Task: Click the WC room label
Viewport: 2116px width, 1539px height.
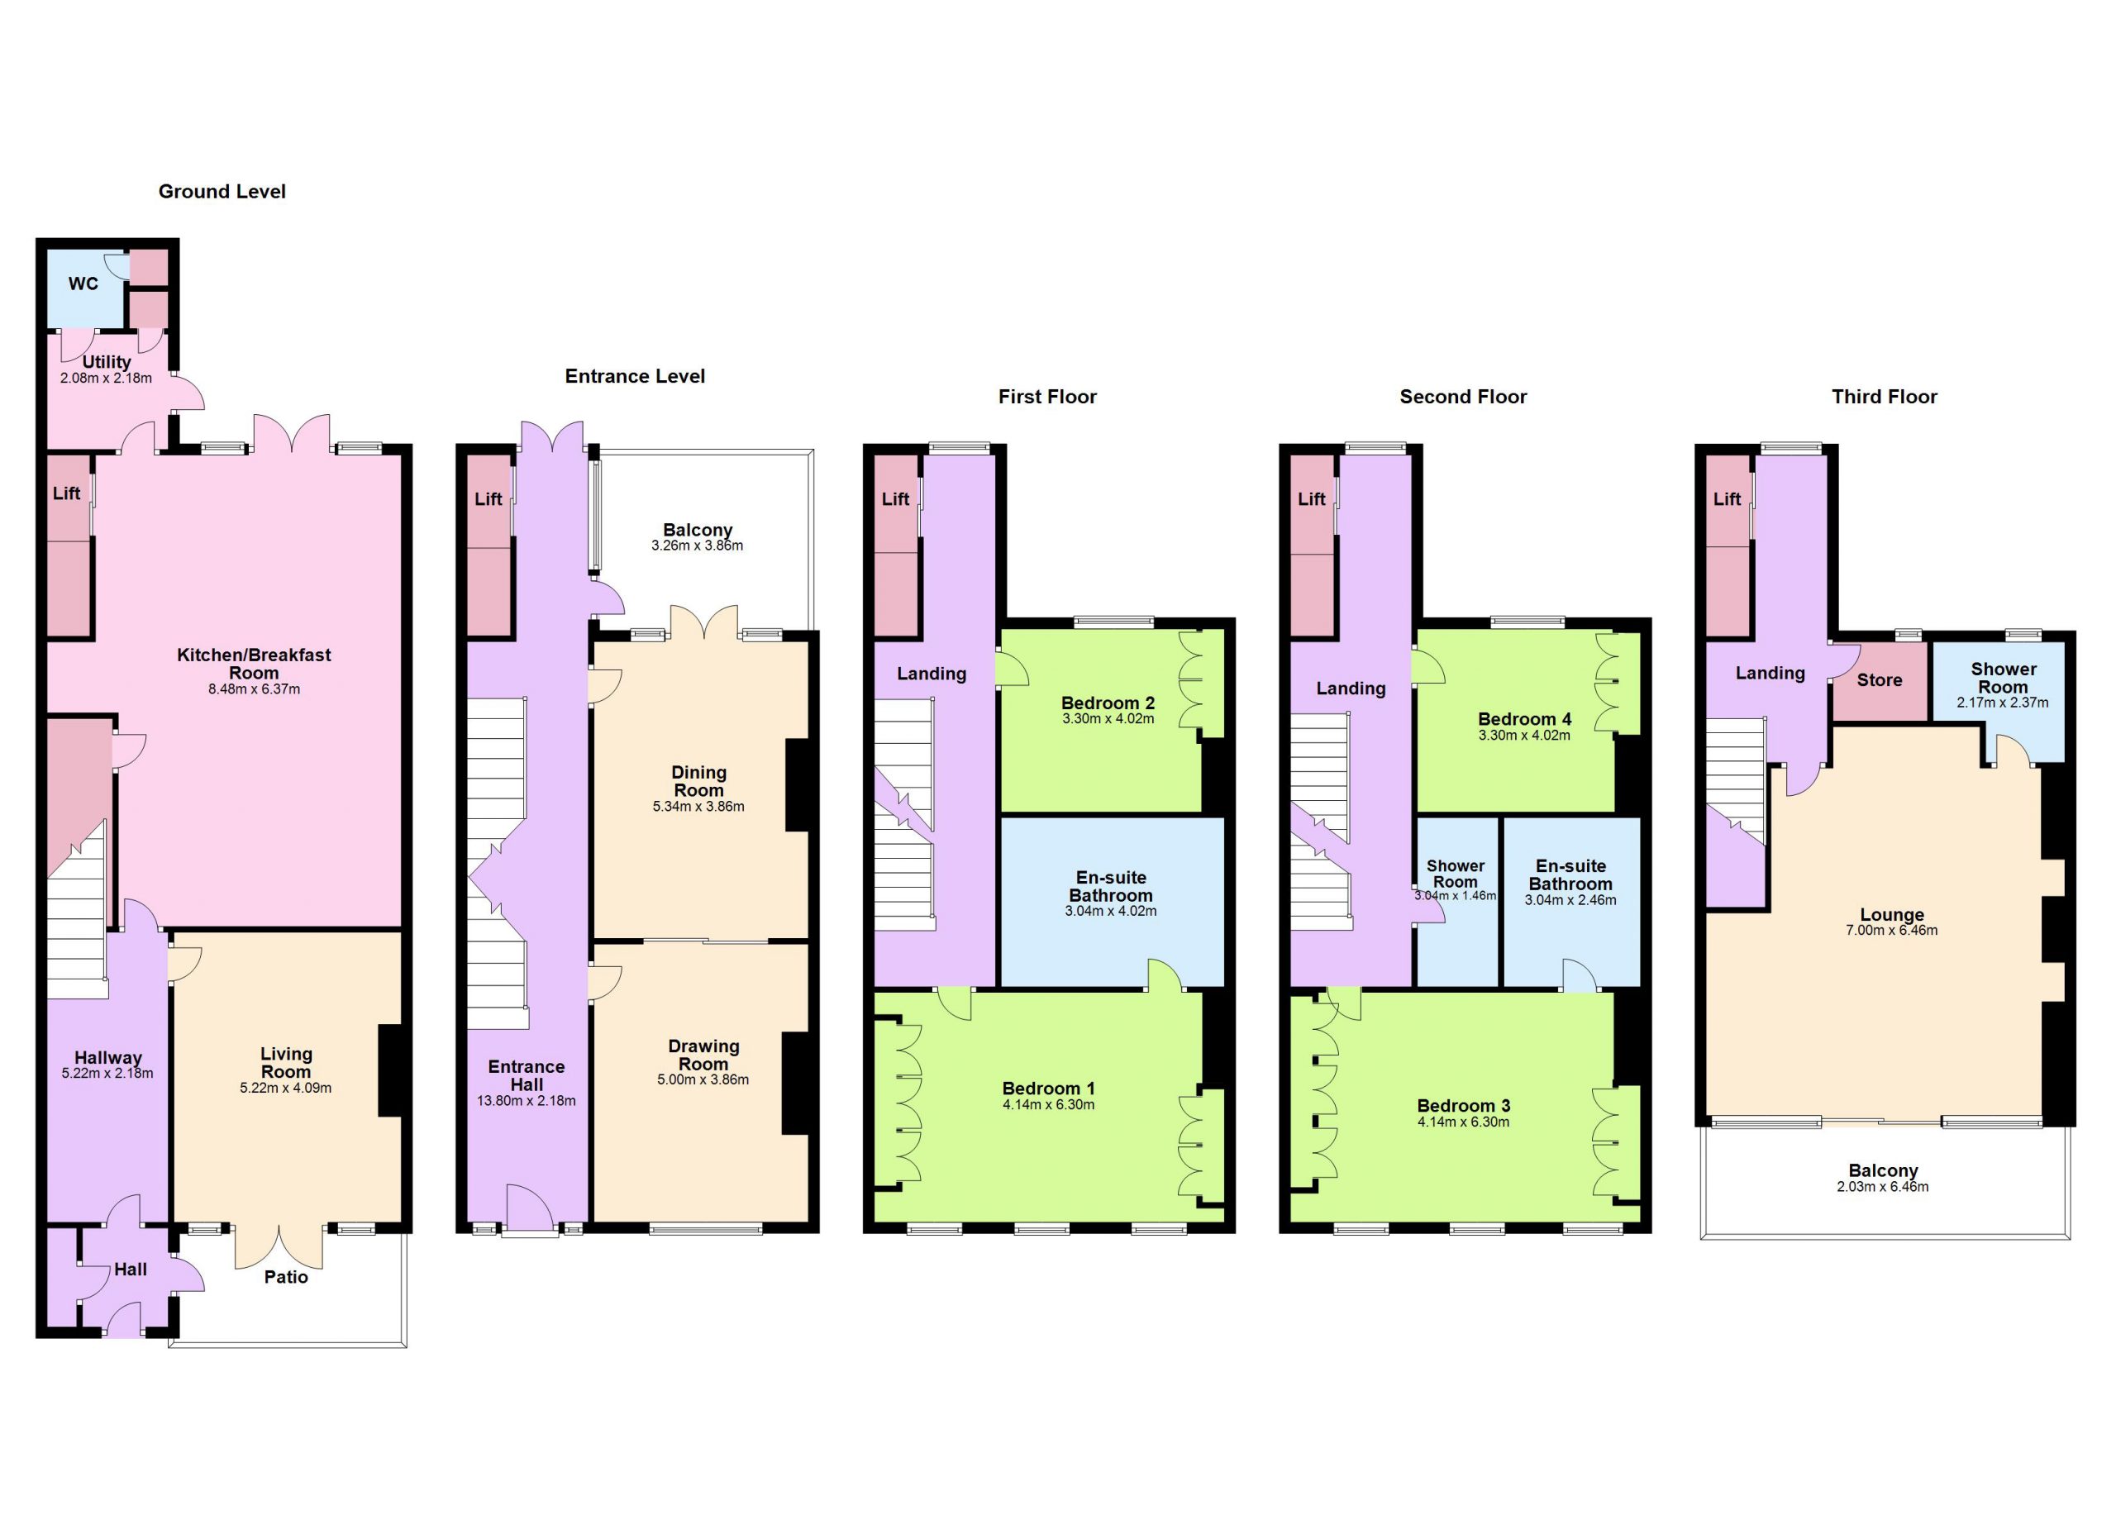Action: (x=83, y=283)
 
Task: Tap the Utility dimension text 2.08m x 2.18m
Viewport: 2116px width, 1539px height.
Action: (x=107, y=379)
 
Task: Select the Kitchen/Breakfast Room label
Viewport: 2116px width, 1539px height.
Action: (x=254, y=664)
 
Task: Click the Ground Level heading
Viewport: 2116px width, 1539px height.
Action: (x=222, y=191)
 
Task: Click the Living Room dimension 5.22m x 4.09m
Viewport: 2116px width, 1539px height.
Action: (x=285, y=1088)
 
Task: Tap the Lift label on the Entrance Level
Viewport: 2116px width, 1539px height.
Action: (x=488, y=499)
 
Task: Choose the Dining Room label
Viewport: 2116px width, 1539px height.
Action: (x=698, y=781)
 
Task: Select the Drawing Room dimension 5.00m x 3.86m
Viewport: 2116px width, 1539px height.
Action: (x=703, y=1080)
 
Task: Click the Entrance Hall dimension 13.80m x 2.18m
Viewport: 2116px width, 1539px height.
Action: (x=527, y=1101)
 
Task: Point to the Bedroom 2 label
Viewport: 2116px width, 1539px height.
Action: (x=1108, y=703)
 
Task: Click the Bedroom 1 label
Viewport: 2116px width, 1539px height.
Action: (x=1049, y=1089)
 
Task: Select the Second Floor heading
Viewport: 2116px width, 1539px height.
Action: (x=1463, y=397)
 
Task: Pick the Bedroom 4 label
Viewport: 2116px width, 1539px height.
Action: (x=1524, y=719)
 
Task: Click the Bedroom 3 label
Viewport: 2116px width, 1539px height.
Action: (x=1464, y=1106)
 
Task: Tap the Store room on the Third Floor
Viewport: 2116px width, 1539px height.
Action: (x=1880, y=680)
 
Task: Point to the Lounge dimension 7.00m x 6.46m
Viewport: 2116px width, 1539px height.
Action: (x=1892, y=930)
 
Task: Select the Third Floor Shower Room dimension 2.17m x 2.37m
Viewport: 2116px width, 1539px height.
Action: (x=2003, y=703)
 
